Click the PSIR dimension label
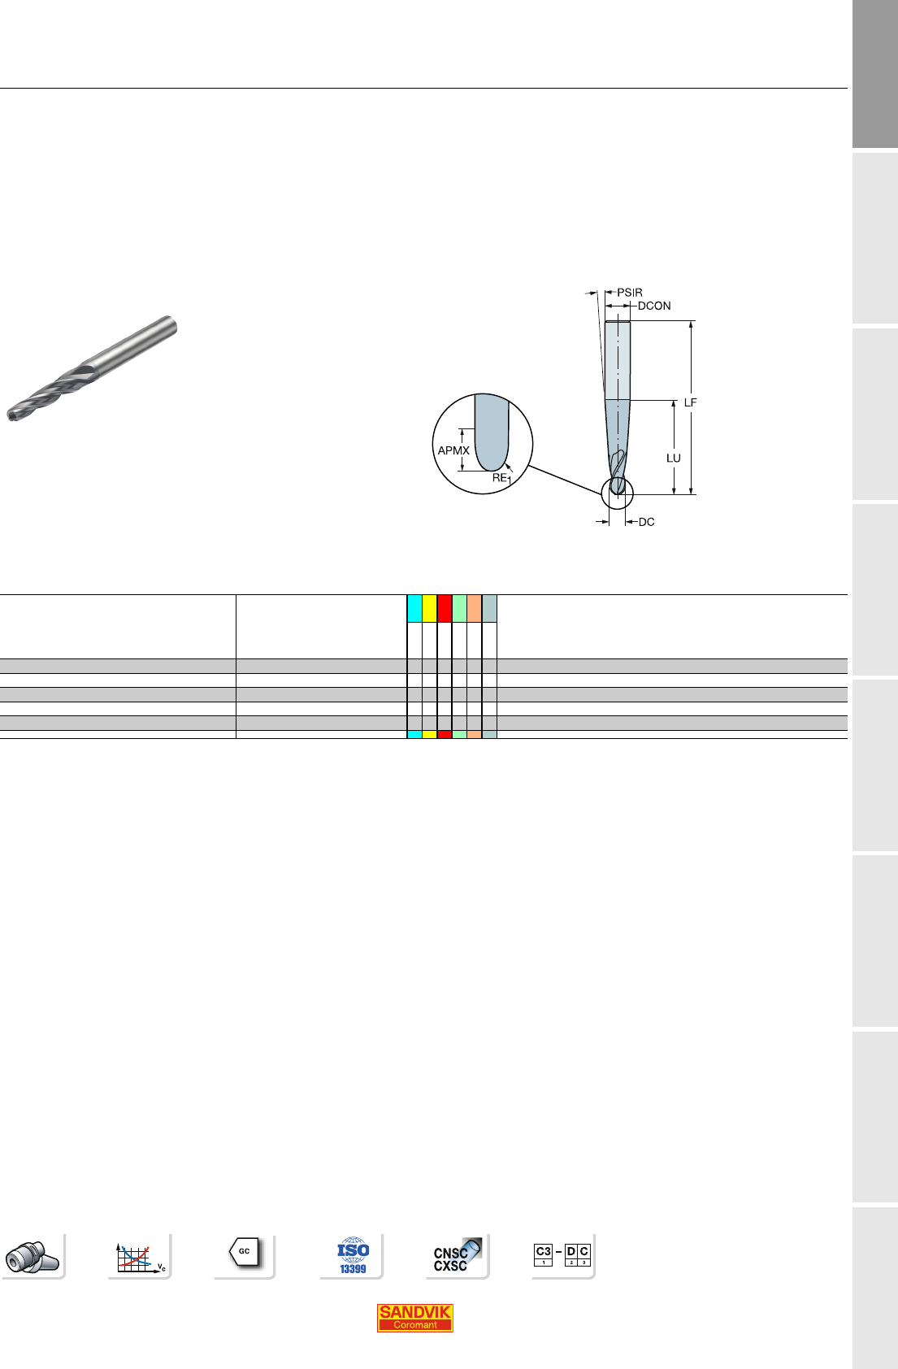point(629,293)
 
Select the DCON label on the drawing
point(654,306)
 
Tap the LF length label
point(690,402)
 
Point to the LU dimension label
point(673,459)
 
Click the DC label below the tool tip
point(646,522)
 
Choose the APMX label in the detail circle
point(453,450)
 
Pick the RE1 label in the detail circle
point(501,479)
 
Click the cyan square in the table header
point(414,608)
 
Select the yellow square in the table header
point(429,608)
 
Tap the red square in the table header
point(444,608)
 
